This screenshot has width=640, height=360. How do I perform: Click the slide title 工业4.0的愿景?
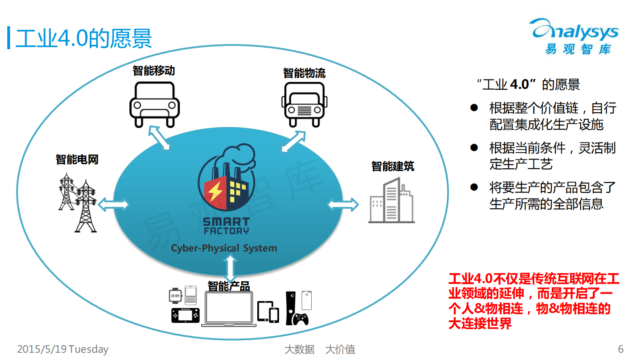coord(83,39)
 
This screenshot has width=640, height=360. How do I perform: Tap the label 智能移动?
coord(154,71)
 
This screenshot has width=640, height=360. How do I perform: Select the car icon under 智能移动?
coord(154,105)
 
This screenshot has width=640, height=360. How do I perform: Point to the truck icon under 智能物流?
coord(304,105)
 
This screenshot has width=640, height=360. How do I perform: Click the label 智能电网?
coord(77,159)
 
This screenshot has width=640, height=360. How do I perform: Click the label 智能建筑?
coord(392,166)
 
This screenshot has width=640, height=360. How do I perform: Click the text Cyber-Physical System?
coord(224,248)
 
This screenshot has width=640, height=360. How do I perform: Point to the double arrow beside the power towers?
coord(113,205)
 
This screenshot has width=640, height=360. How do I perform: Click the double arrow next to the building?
coord(343,205)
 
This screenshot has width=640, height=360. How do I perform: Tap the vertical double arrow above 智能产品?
coord(230,269)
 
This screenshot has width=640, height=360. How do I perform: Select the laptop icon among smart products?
coord(229,309)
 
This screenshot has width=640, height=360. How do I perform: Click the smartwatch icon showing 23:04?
coord(175,296)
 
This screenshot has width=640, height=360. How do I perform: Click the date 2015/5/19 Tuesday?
coord(63,349)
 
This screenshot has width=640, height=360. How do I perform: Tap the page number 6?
coord(621,349)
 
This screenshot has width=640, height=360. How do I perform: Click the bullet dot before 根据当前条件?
coord(474,148)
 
